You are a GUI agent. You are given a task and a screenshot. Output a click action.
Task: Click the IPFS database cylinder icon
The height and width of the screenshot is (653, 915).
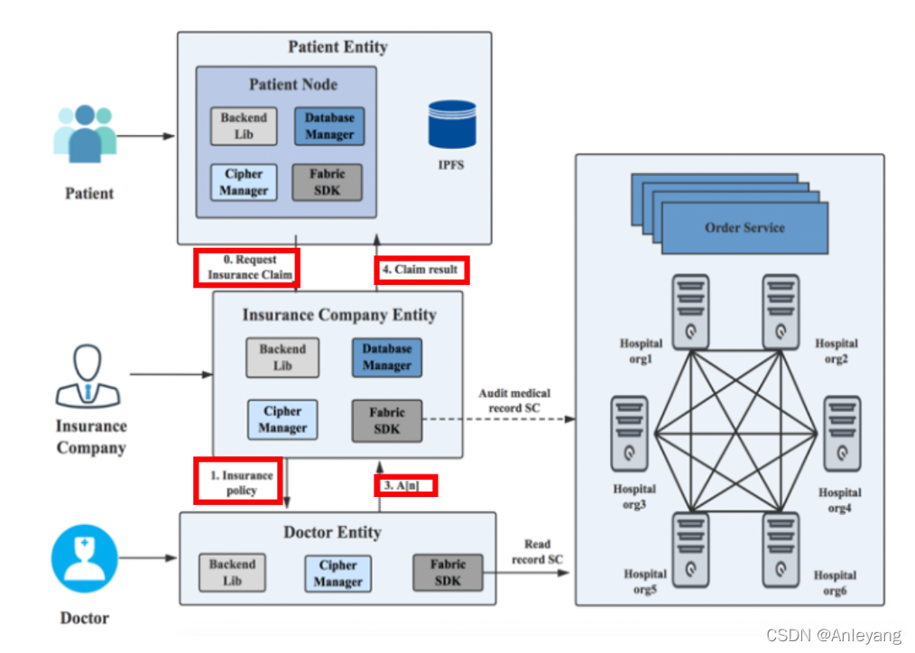[x=451, y=124]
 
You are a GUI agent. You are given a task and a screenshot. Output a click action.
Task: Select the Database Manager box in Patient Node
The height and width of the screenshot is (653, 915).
[x=328, y=126]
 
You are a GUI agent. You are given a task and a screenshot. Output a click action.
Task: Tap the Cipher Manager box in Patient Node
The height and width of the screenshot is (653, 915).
[x=244, y=182]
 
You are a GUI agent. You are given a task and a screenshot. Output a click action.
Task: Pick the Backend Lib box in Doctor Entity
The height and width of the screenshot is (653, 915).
[x=232, y=573]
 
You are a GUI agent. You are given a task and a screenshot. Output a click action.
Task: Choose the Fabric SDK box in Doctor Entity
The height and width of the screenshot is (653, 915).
[x=448, y=573]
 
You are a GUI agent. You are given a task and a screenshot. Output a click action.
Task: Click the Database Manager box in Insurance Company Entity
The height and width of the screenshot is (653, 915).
[x=387, y=357]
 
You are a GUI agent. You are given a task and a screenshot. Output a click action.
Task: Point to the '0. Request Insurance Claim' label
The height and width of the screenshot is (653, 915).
[x=245, y=267]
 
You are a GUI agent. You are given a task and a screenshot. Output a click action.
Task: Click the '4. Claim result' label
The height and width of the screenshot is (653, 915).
[x=422, y=270]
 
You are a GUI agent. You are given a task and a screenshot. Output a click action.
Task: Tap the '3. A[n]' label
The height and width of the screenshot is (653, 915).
[x=405, y=485]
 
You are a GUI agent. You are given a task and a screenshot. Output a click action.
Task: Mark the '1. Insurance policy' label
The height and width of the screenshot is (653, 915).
[x=238, y=481]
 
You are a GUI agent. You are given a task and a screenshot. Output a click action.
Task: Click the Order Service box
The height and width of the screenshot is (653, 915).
[x=744, y=228]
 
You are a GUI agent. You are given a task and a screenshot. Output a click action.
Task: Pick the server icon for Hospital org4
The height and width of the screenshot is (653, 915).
[x=842, y=432]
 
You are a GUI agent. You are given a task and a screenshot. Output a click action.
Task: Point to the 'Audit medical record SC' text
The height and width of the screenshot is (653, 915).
[x=514, y=400]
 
